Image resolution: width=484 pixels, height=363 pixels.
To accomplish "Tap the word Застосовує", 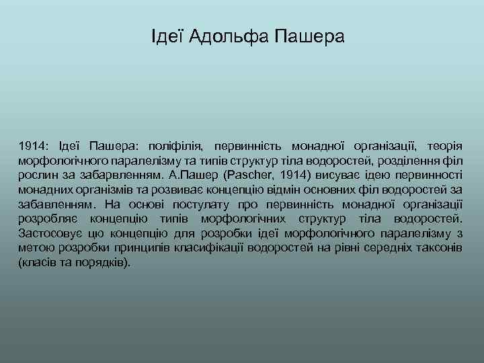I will (x=49, y=234).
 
